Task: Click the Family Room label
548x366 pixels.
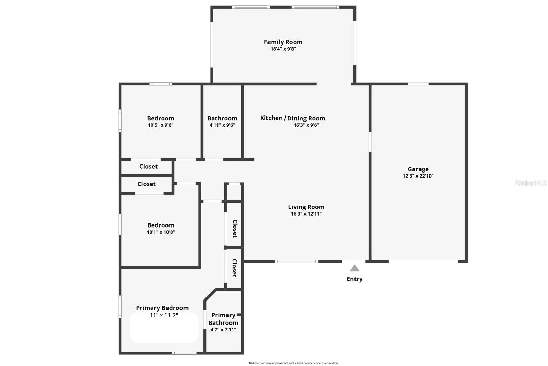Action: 283,42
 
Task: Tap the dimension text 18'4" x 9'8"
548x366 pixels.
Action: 283,49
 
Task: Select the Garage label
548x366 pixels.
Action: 418,169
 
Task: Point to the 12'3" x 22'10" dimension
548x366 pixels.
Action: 418,176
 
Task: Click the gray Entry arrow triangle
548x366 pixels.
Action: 354,268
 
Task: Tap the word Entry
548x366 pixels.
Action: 354,279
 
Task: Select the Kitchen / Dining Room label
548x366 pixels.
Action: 292,118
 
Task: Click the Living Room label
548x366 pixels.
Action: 306,207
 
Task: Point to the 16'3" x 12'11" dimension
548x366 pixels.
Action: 306,214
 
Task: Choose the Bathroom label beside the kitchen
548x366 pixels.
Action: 222,118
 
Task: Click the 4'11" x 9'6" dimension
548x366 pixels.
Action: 222,125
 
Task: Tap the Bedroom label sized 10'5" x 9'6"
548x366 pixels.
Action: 160,118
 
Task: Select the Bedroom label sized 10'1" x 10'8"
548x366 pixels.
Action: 161,225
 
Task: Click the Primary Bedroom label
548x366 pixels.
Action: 162,308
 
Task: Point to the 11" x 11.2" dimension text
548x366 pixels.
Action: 164,315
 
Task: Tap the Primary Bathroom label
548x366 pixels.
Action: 223,319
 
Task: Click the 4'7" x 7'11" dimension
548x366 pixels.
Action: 223,330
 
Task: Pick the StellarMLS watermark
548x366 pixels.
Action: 531,183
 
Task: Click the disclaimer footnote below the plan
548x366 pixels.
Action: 293,363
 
